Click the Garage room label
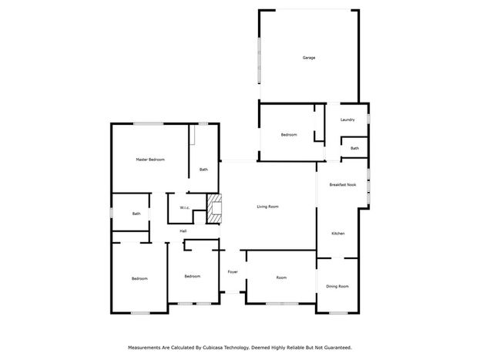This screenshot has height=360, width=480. (x=308, y=58)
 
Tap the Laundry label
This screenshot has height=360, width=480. (x=347, y=119)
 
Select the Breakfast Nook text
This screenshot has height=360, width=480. (x=343, y=185)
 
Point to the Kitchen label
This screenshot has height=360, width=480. (x=338, y=234)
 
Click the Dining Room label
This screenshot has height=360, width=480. (x=337, y=287)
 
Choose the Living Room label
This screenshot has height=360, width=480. (x=267, y=207)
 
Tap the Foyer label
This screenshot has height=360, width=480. (x=233, y=272)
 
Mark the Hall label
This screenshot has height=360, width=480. (x=183, y=231)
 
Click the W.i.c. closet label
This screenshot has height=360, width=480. (x=185, y=207)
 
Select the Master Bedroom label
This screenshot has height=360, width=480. (x=150, y=160)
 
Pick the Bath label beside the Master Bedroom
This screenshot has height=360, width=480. (x=203, y=170)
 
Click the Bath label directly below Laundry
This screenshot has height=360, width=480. (x=354, y=148)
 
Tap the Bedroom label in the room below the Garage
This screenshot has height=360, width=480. (x=289, y=135)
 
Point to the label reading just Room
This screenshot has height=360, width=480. (x=281, y=278)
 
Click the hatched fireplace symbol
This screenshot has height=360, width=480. (x=214, y=209)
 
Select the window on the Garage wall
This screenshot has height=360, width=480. (x=259, y=60)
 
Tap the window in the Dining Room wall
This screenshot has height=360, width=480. (x=338, y=313)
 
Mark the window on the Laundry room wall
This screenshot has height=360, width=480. (x=368, y=119)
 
